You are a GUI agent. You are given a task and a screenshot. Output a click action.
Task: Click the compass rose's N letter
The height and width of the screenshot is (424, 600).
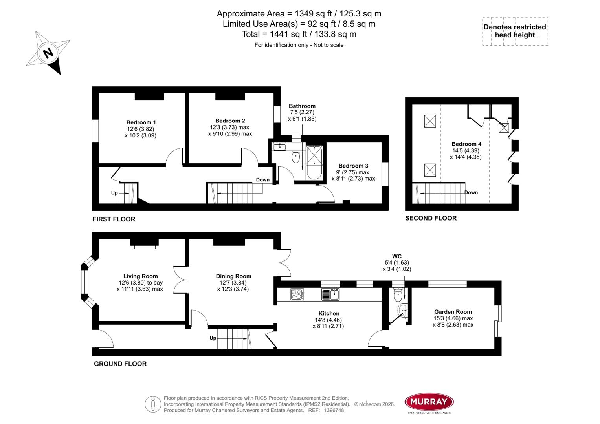[x=48, y=53]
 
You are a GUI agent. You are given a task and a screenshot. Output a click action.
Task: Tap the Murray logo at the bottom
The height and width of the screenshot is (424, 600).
[x=429, y=402]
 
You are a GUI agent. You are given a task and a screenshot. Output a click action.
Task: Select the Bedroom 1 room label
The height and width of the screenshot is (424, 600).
[x=141, y=122]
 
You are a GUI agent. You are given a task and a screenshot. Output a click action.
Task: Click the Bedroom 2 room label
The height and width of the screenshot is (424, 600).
[x=230, y=121]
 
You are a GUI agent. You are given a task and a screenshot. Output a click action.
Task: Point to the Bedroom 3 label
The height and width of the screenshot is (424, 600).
[x=353, y=166]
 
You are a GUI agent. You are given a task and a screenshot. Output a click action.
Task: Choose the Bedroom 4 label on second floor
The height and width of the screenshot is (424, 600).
[x=466, y=144]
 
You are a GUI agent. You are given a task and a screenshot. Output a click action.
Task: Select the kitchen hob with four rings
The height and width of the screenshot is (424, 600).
[x=297, y=294]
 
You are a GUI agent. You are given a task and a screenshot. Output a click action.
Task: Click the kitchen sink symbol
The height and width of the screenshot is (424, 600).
[x=330, y=294]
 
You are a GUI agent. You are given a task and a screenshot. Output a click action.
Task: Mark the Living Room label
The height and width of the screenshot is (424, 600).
[x=140, y=276]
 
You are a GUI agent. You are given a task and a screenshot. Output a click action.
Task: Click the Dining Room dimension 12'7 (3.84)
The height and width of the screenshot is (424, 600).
[x=233, y=283]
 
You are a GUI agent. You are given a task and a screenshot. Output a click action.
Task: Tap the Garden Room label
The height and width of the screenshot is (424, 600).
[x=453, y=312]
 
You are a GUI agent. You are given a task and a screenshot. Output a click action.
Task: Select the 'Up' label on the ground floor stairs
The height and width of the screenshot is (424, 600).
[x=213, y=338]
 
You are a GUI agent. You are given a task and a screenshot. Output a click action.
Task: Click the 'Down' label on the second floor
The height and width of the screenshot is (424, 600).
[x=471, y=192]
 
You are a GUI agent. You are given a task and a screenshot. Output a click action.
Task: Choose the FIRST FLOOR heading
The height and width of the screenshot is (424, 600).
[x=114, y=219]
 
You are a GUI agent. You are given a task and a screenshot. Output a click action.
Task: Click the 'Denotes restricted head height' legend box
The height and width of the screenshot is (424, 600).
[x=515, y=31]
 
